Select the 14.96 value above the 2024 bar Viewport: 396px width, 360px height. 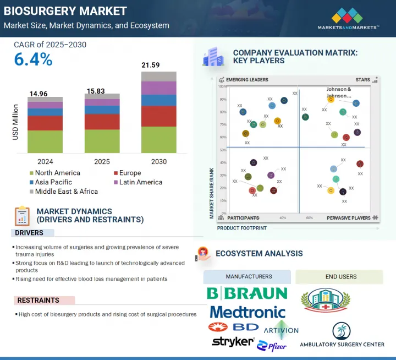click(x=45, y=92)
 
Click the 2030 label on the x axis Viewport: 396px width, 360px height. click(x=159, y=162)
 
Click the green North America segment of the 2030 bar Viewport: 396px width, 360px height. click(x=159, y=140)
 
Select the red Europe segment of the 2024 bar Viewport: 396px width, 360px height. click(x=45, y=123)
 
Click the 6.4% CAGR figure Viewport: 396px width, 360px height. click(x=34, y=59)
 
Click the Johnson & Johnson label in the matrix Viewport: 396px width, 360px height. click(x=339, y=92)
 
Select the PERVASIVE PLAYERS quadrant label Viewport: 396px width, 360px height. click(x=349, y=218)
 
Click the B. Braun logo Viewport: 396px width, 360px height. click(x=247, y=293)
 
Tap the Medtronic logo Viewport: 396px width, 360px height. click(x=248, y=312)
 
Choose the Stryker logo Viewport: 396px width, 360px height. click(x=233, y=342)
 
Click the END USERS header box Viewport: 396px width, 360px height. click(x=339, y=277)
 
